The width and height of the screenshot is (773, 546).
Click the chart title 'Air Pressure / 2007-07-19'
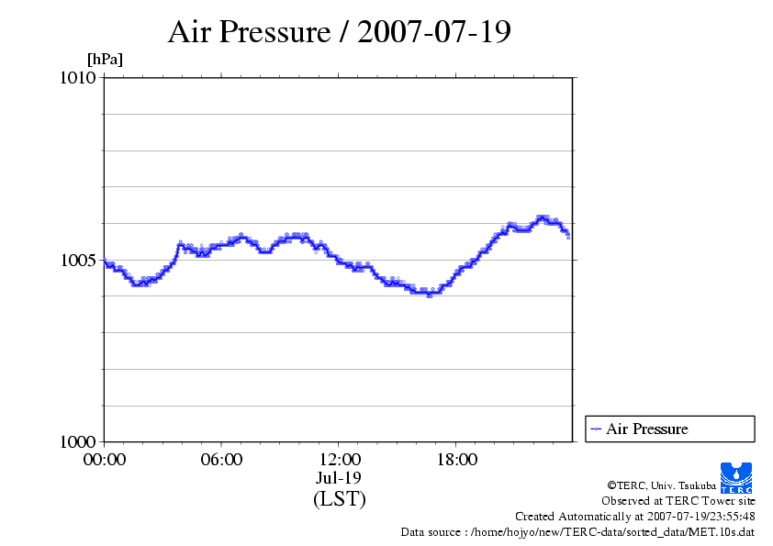pyautogui.click(x=340, y=32)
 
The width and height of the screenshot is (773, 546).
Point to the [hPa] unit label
pyautogui.click(x=105, y=60)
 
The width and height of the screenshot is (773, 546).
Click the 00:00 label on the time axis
pyautogui.click(x=105, y=460)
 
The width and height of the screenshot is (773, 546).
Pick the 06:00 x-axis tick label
pyautogui.click(x=221, y=460)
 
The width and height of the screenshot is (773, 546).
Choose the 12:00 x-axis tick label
pyautogui.click(x=339, y=460)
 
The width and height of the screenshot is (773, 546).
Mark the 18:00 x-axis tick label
pyautogui.click(x=456, y=460)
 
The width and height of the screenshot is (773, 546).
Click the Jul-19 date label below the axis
pyautogui.click(x=339, y=478)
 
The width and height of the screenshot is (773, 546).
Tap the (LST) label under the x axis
pyautogui.click(x=339, y=499)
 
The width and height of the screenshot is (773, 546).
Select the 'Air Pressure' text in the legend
pyautogui.click(x=646, y=429)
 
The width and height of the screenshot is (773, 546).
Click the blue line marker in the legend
pyautogui.click(x=596, y=429)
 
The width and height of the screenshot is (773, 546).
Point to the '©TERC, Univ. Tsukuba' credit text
pyautogui.click(x=661, y=485)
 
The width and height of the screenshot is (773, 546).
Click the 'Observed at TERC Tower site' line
pyautogui.click(x=678, y=501)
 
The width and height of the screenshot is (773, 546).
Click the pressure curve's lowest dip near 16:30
pyautogui.click(x=429, y=294)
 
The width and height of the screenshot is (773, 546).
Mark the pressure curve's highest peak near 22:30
pyautogui.click(x=543, y=217)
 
